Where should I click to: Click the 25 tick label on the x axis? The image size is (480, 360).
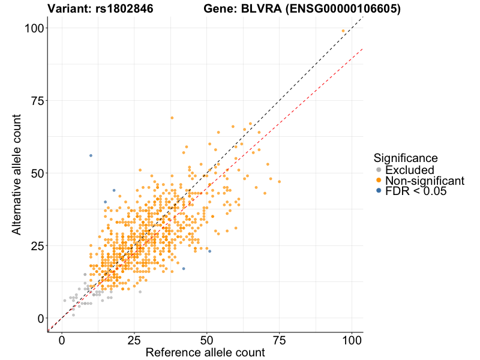(134, 340)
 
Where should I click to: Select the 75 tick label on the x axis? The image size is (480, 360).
(279, 340)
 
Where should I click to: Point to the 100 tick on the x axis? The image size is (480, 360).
(352, 340)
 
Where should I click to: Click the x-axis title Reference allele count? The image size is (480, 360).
(205, 353)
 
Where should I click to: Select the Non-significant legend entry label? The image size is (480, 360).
(425, 181)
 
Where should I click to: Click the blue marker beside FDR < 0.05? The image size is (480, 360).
(377, 191)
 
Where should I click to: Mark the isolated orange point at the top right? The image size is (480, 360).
(343, 31)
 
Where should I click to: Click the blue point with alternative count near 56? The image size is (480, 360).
(91, 155)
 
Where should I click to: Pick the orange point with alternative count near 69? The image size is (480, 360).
(172, 118)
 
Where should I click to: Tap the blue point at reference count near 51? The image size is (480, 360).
(209, 251)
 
